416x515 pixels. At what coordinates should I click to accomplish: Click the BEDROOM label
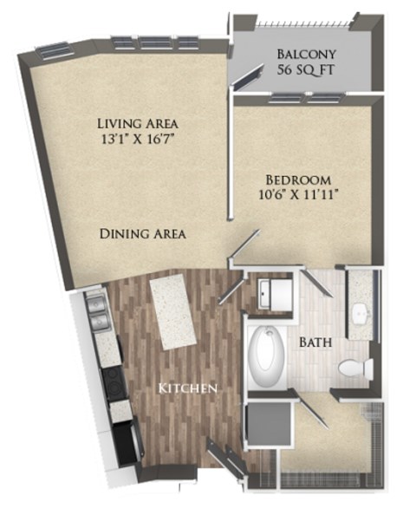[296, 179]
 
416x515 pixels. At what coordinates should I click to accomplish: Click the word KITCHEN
[187, 388]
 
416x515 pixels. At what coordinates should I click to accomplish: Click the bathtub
[265, 356]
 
